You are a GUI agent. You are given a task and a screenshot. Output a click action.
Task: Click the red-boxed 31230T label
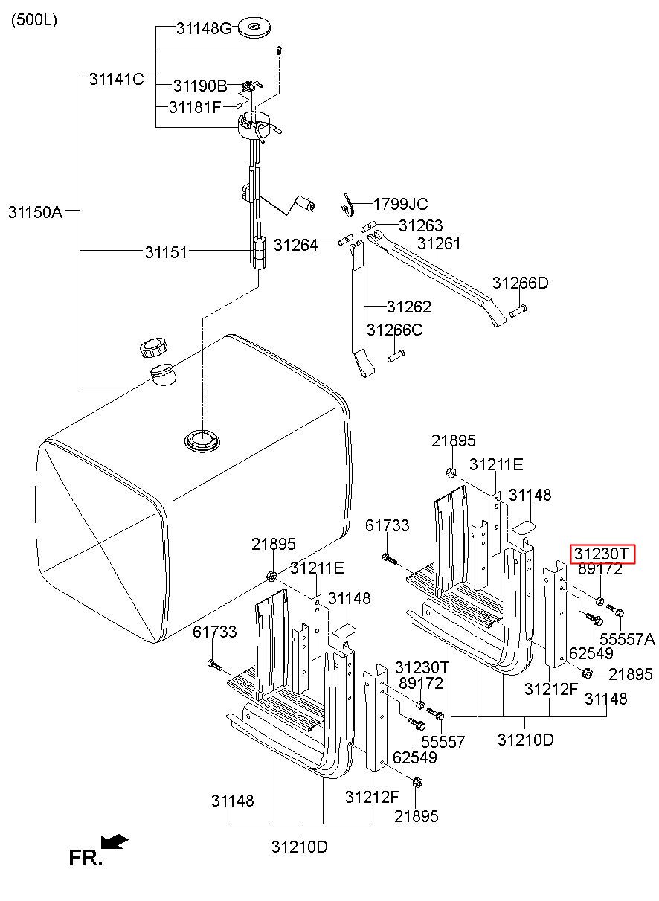tap(602, 554)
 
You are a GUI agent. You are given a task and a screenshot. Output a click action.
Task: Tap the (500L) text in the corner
tap(33, 20)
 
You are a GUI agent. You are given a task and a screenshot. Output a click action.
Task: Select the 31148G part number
tap(204, 29)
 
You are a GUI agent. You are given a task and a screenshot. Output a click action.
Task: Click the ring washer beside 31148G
tap(253, 29)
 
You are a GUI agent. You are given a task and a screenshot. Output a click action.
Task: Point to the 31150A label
tap(35, 211)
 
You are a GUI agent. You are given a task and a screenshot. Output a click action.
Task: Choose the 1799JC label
tap(400, 204)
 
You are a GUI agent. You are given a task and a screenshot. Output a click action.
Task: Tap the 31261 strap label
tap(439, 243)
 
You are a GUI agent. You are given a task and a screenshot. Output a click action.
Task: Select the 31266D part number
tap(520, 283)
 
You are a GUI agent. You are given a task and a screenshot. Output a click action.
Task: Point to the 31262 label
tap(408, 307)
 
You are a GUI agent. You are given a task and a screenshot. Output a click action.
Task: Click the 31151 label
tap(166, 252)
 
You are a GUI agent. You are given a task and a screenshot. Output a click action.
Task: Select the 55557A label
tap(627, 638)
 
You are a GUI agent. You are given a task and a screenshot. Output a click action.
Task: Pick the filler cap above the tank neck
tap(154, 347)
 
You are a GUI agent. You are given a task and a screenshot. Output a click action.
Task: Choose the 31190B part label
tap(200, 86)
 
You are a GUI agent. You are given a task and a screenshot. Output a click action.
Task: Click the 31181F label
tap(195, 107)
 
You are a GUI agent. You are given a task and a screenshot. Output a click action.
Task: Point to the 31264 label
tap(295, 244)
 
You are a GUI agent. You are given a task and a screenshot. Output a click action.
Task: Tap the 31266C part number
tap(394, 330)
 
